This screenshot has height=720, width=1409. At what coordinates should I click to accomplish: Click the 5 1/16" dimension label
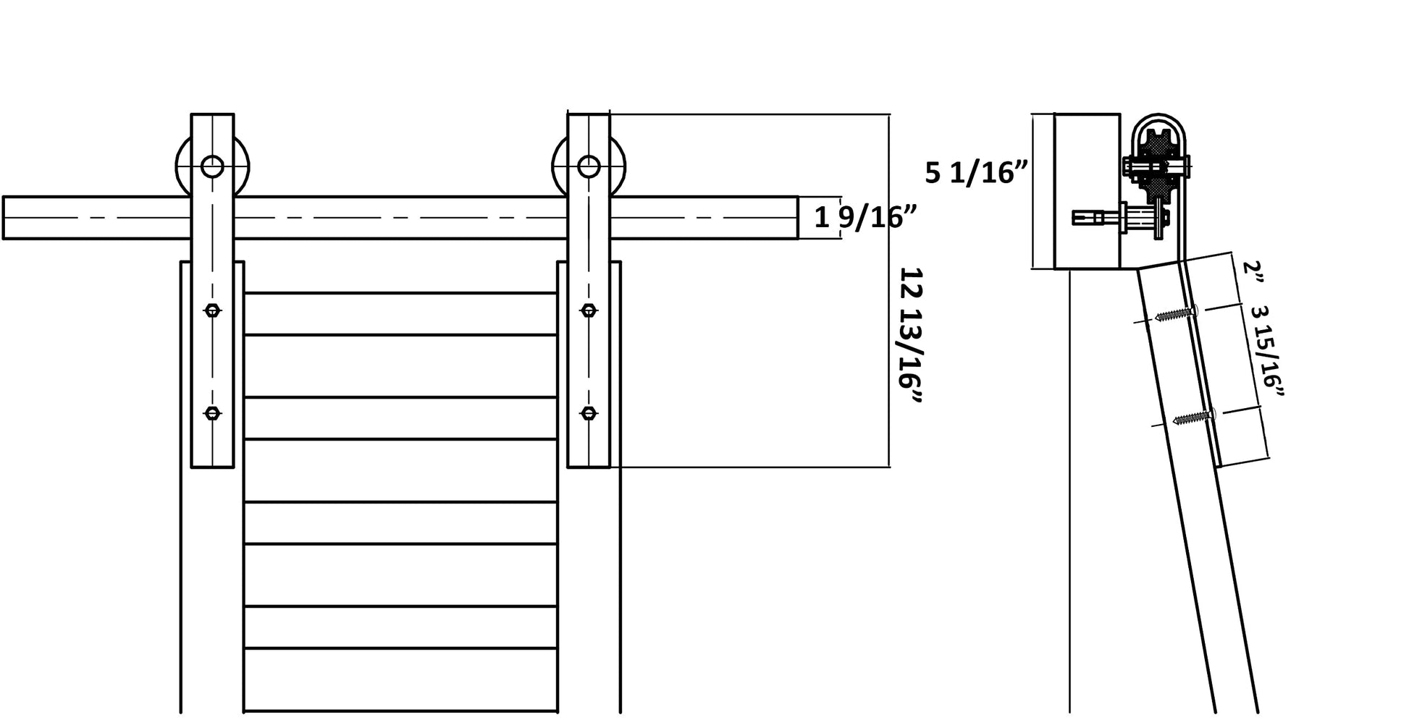pyautogui.click(x=977, y=173)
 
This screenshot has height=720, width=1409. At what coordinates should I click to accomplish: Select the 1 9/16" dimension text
pyautogui.click(x=866, y=217)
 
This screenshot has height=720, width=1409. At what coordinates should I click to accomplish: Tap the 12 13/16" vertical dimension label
pyautogui.click(x=911, y=337)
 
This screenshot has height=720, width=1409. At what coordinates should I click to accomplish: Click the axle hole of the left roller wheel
pyautogui.click(x=212, y=166)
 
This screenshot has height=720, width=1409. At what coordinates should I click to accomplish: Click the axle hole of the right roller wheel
pyautogui.click(x=589, y=166)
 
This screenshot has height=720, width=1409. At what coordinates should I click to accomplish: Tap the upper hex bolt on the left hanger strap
pyautogui.click(x=212, y=310)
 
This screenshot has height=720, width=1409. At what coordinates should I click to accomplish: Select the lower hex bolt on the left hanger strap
pyautogui.click(x=212, y=413)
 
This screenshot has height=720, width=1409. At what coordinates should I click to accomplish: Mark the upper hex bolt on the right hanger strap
pyautogui.click(x=589, y=310)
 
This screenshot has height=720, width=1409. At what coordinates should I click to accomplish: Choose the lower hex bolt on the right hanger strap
pyautogui.click(x=589, y=413)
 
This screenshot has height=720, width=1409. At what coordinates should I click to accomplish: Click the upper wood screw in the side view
pyautogui.click(x=1176, y=314)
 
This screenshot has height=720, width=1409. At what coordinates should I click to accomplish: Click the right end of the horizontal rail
pyautogui.click(x=798, y=217)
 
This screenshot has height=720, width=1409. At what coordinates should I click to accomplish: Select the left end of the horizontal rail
pyautogui.click(x=4, y=217)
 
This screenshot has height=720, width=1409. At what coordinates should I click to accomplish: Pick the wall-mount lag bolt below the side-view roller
pyautogui.click(x=1121, y=216)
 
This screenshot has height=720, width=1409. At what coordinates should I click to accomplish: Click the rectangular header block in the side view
pyautogui.click(x=1087, y=192)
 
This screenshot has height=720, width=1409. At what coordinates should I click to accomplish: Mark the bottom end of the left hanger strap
pyautogui.click(x=212, y=467)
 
